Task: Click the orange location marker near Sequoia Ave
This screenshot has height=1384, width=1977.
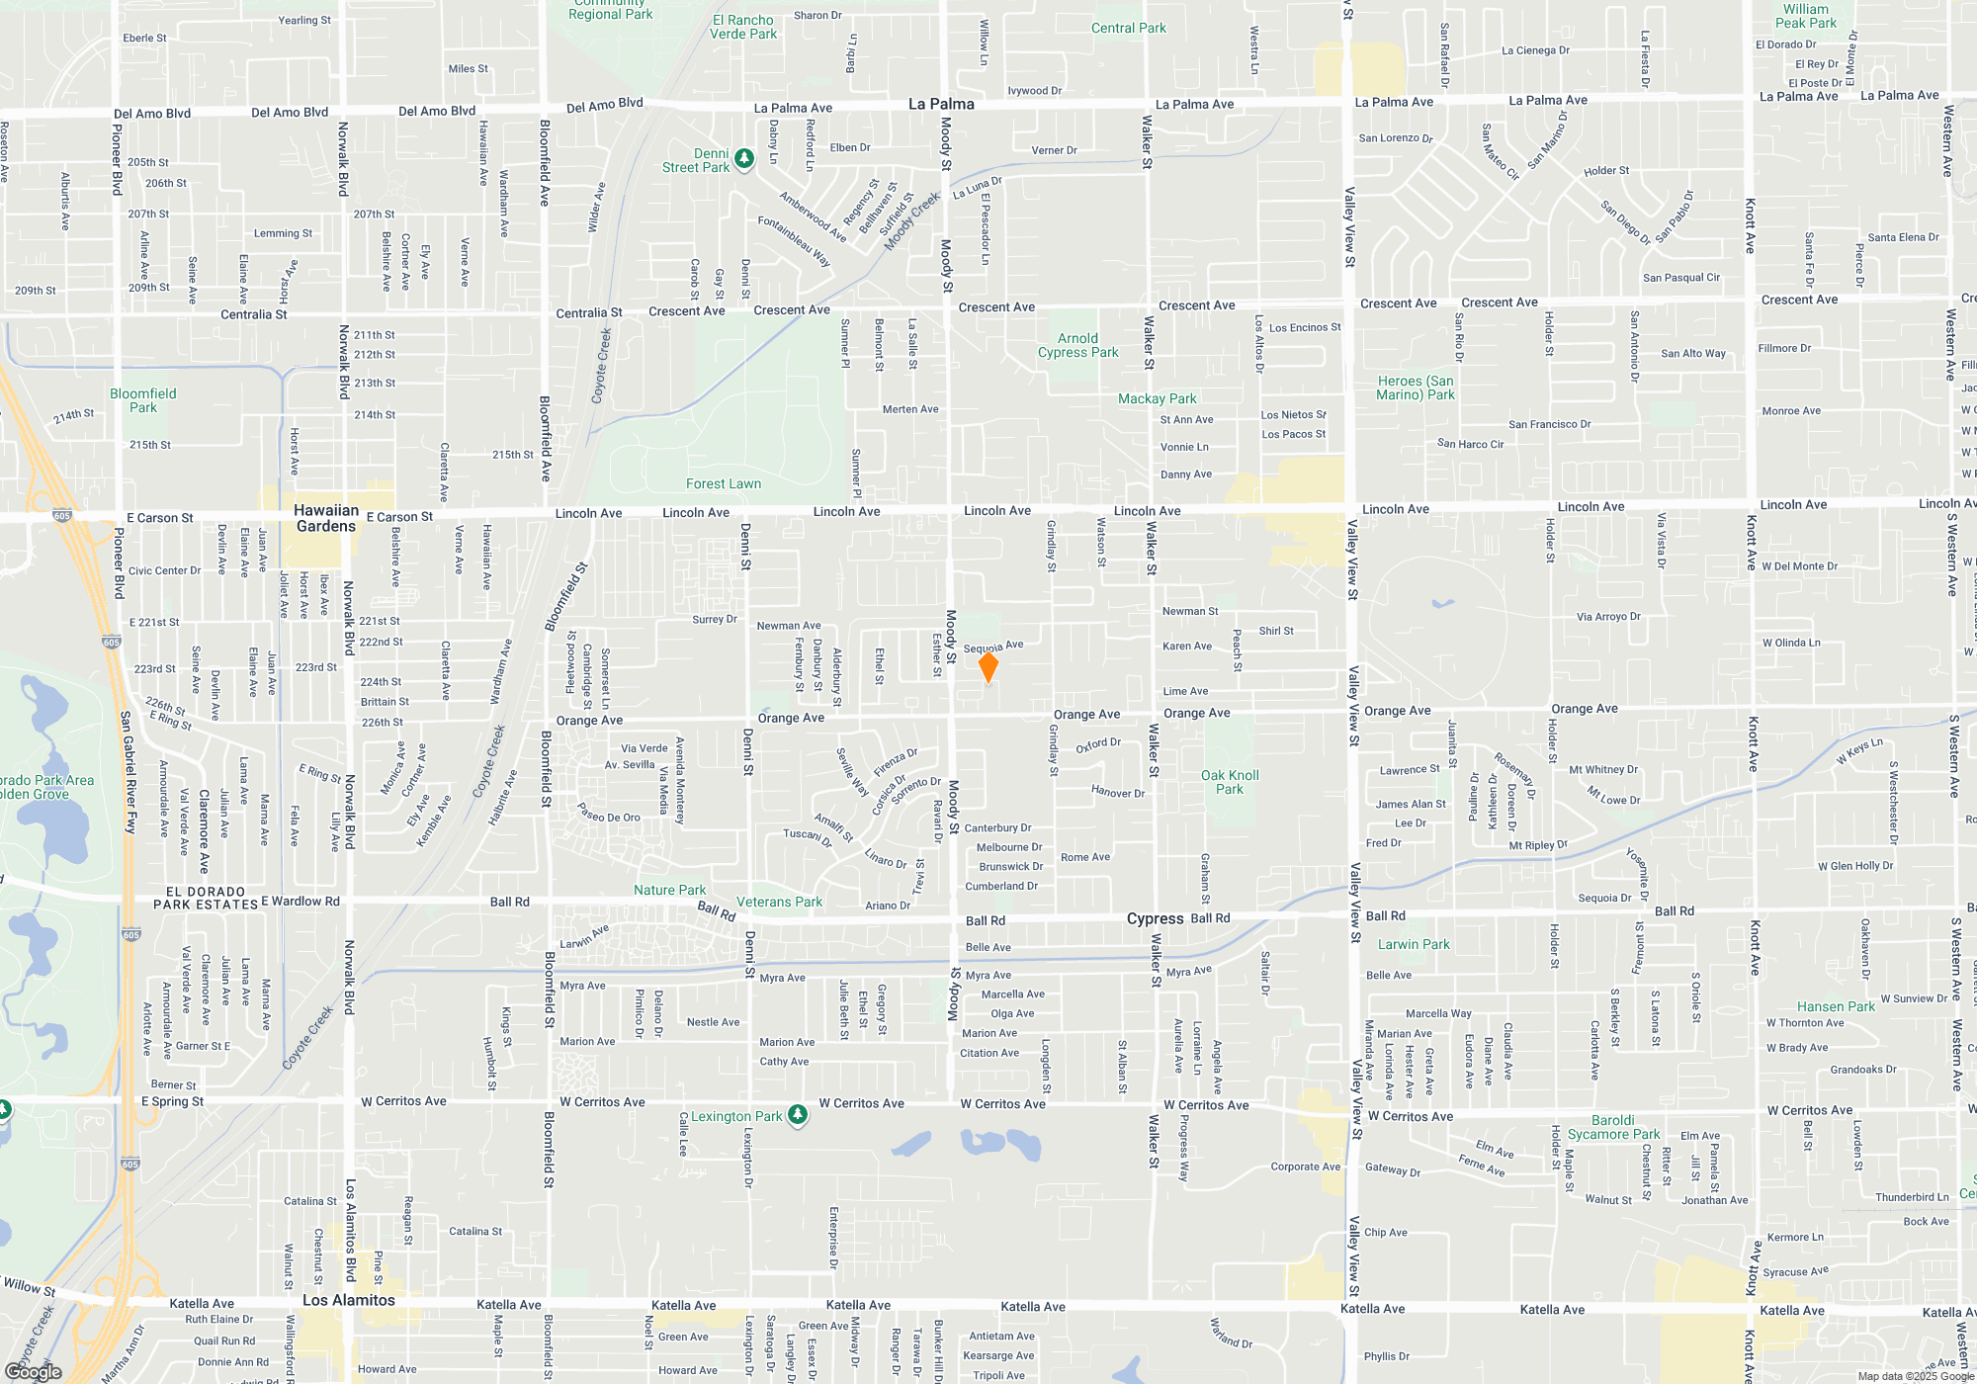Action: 988,666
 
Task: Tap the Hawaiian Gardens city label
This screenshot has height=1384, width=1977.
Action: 326,518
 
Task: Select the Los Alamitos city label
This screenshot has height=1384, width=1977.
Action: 349,1300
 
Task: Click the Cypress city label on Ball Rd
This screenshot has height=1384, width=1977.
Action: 1155,918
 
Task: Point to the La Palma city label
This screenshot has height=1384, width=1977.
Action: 941,104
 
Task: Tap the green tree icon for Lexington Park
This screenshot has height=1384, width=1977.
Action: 798,1115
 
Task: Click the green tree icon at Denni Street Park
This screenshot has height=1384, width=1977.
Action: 744,158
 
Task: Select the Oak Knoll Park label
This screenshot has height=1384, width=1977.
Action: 1230,782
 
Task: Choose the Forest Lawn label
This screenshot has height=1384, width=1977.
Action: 724,483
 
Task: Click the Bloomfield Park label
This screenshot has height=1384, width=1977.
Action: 143,400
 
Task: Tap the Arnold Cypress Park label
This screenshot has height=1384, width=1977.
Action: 1077,345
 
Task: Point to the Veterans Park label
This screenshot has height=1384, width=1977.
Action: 779,902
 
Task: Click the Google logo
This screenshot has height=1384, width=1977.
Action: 34,1371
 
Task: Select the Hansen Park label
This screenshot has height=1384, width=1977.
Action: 1836,1006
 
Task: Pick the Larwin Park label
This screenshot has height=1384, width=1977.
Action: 1414,944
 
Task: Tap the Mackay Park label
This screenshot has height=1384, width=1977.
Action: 1157,398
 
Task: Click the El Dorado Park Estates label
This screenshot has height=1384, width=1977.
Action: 206,898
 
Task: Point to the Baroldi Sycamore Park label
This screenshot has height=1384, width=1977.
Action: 1613,1127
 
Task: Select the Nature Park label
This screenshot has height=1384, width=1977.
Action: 669,890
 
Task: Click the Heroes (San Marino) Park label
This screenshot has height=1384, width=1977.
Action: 1416,388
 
